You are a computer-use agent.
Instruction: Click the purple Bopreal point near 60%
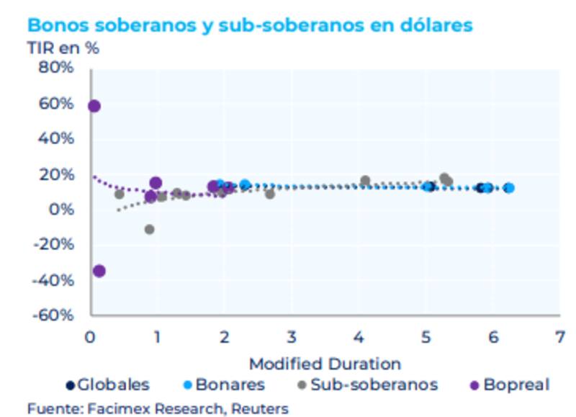click(x=94, y=106)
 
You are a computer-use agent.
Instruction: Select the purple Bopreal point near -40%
click(x=99, y=271)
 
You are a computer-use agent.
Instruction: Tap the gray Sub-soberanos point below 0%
click(x=149, y=229)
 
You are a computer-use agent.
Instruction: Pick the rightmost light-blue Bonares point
click(x=509, y=187)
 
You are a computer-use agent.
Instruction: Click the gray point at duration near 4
click(x=365, y=181)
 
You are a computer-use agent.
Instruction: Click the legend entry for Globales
click(x=108, y=385)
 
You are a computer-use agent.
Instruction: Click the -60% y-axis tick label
click(x=52, y=315)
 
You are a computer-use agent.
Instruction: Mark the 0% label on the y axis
click(x=60, y=210)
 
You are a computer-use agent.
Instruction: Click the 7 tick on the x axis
click(x=559, y=336)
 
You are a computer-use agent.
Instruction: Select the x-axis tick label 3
click(x=291, y=336)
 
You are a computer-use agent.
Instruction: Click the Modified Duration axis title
click(x=325, y=363)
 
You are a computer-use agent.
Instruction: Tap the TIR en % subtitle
click(x=63, y=48)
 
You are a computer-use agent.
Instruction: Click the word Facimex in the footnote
click(x=114, y=408)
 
